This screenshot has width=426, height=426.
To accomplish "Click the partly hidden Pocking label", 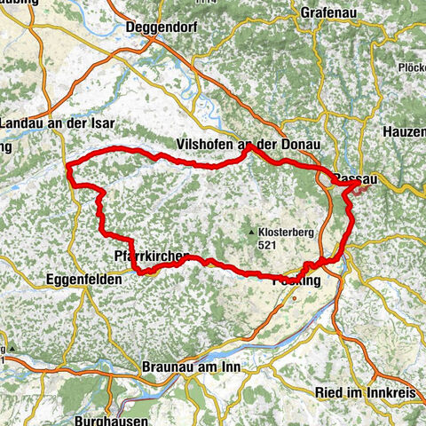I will click(296, 280).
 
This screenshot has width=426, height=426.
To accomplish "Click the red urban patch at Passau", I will click(360, 189).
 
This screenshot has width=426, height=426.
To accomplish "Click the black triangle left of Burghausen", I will click(14, 347).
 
